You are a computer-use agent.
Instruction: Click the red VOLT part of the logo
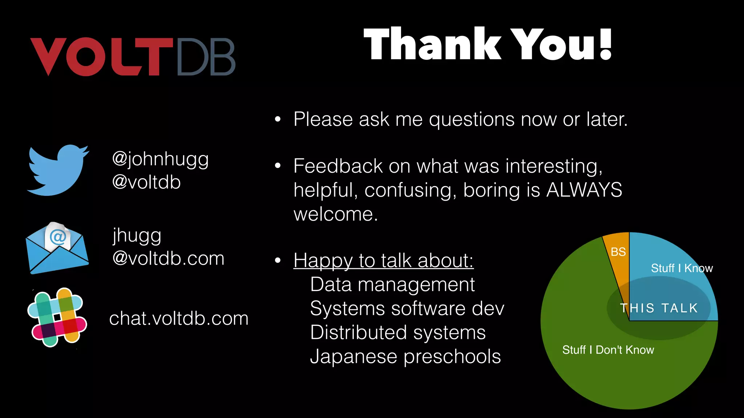(102, 57)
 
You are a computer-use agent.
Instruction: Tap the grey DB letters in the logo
(206, 57)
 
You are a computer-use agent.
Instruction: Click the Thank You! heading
(488, 44)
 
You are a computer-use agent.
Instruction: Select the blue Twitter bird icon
(58, 170)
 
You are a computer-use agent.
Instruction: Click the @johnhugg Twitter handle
(161, 159)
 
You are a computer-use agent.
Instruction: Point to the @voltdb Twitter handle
(146, 182)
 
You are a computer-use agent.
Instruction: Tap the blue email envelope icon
(57, 249)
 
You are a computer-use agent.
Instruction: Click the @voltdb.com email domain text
(168, 259)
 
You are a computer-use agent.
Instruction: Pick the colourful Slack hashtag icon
(57, 317)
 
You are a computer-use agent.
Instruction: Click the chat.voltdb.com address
(179, 319)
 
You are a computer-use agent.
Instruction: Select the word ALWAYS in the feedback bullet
(584, 190)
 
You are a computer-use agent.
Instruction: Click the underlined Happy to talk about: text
(383, 261)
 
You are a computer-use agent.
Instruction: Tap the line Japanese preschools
(405, 357)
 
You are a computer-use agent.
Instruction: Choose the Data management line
(392, 284)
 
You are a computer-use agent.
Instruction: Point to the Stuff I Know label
(682, 268)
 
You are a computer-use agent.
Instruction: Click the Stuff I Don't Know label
(608, 350)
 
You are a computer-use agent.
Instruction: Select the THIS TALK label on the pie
(659, 308)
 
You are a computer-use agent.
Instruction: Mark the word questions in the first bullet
(472, 119)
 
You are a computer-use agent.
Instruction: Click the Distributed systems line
(398, 332)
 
